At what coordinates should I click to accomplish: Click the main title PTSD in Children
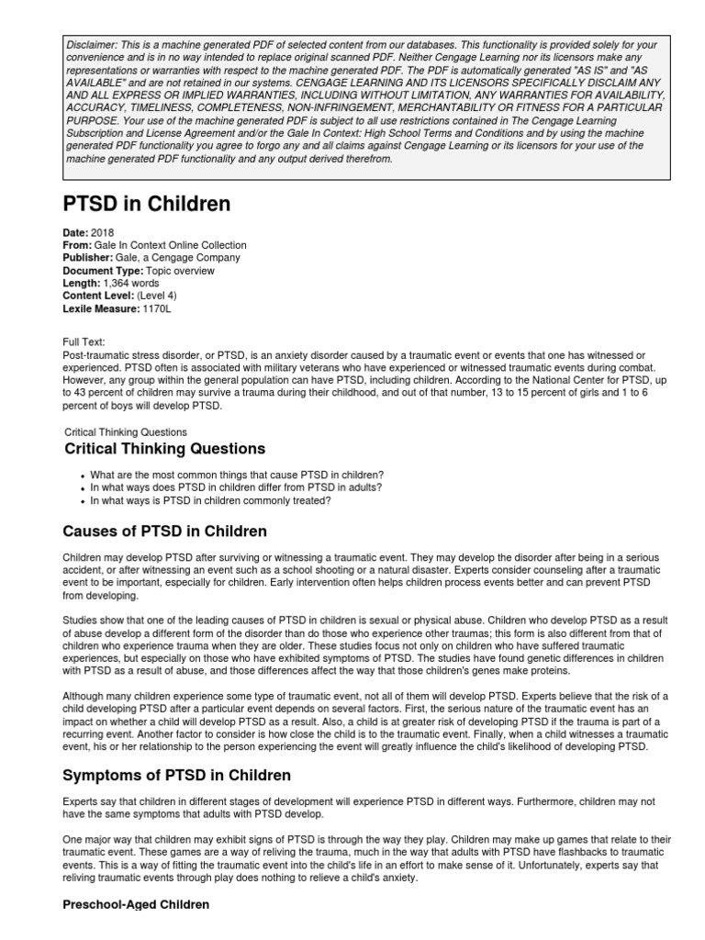pos(146,204)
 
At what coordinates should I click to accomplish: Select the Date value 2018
pos(103,233)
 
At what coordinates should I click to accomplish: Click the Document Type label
pos(103,271)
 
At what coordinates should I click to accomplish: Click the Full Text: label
pos(84,341)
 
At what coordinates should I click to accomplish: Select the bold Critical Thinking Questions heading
pos(165,449)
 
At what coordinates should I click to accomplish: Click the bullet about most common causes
pos(237,475)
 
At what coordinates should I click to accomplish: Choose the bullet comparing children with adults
pos(236,487)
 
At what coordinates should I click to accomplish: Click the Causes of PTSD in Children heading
pos(165,532)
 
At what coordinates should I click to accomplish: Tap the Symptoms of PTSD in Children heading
pos(176,776)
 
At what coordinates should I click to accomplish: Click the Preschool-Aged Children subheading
pos(136,904)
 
